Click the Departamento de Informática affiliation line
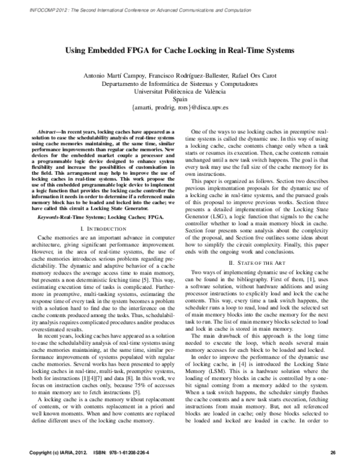(x=179, y=84)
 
